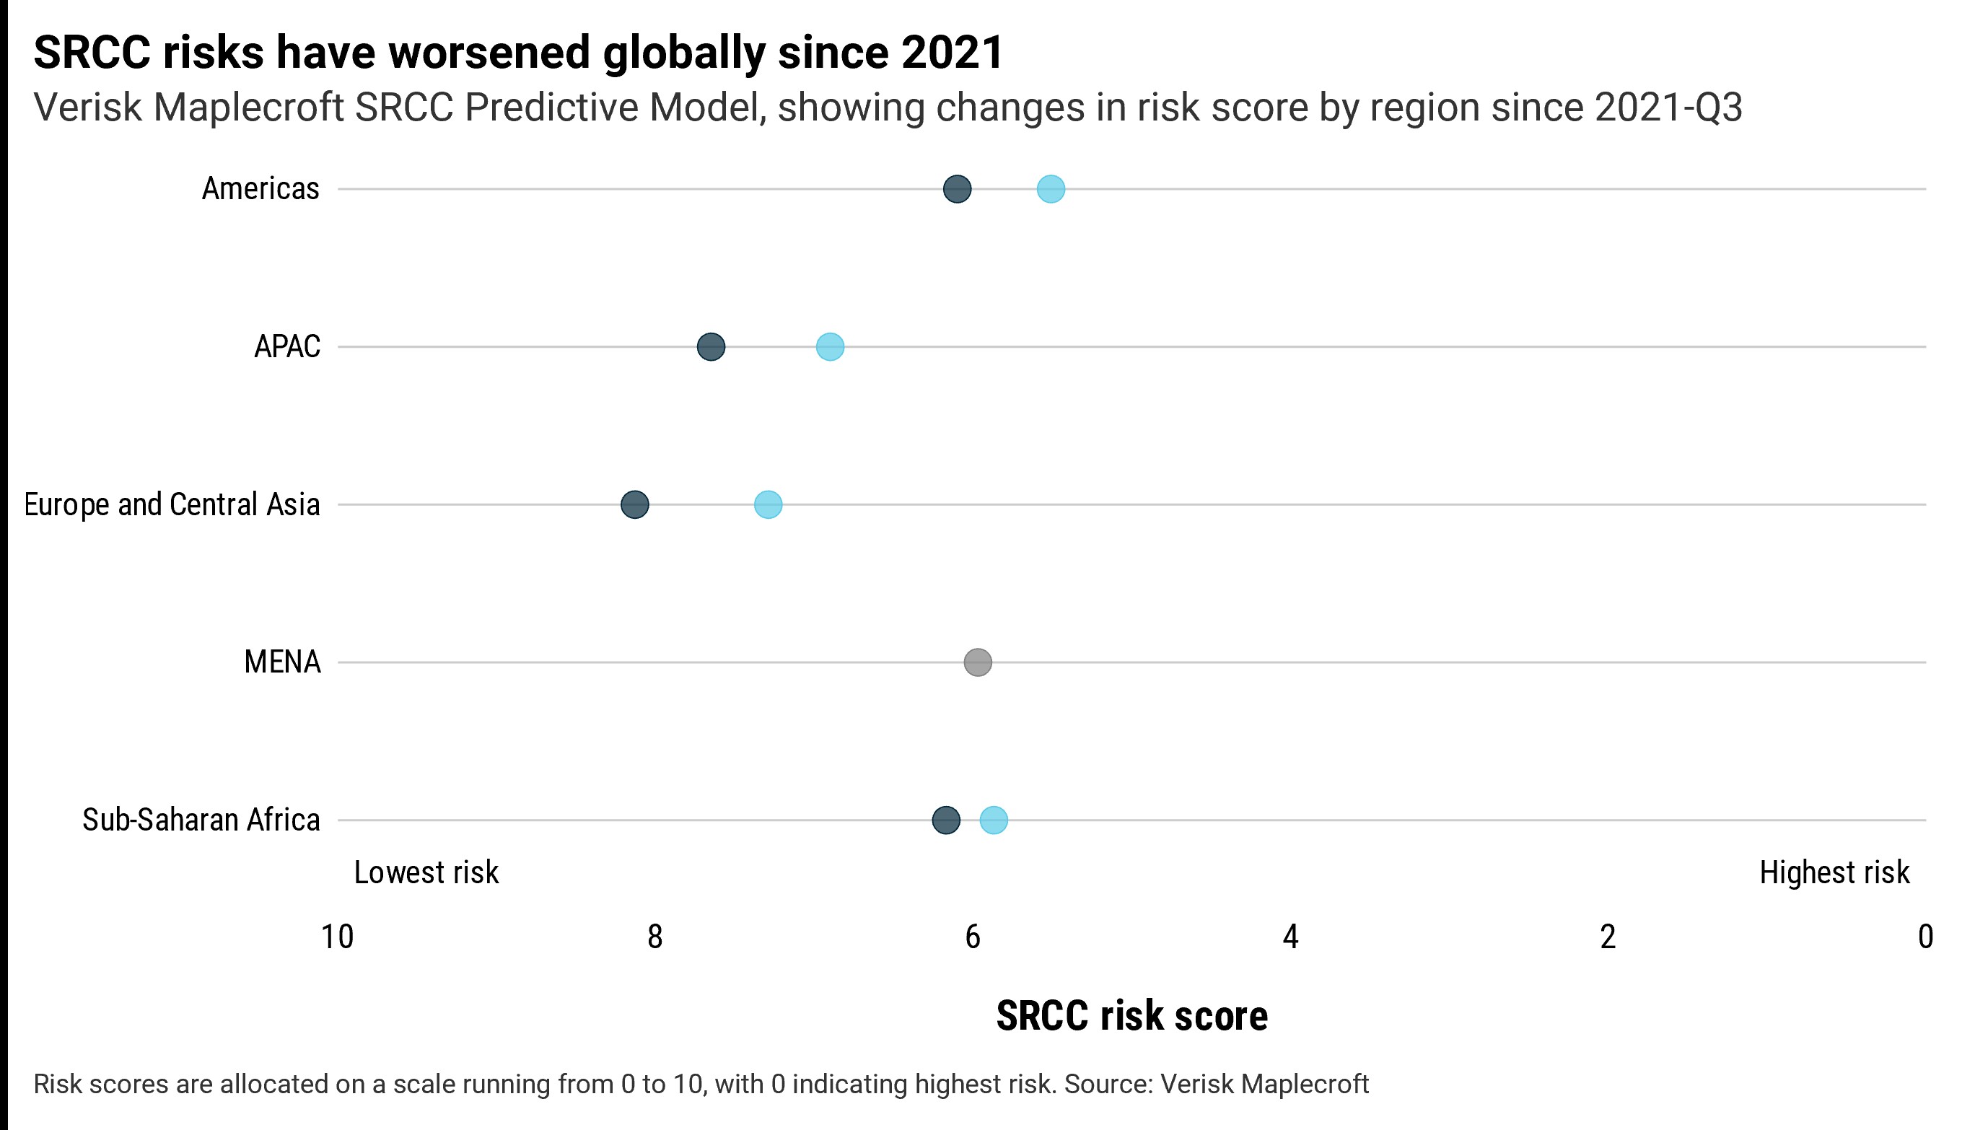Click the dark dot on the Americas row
point(957,189)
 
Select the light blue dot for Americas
point(1051,189)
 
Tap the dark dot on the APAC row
point(711,347)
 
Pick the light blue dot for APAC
point(830,347)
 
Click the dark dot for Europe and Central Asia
point(635,504)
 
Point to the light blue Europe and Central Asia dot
point(768,504)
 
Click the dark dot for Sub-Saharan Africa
point(945,820)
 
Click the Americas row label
point(260,189)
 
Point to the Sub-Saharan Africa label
point(201,820)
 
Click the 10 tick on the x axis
point(338,937)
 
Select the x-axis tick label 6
point(972,937)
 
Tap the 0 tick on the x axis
point(1925,937)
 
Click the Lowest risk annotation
point(426,873)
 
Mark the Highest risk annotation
point(1834,873)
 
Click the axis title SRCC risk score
point(1131,1017)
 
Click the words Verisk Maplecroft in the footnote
point(1264,1085)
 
